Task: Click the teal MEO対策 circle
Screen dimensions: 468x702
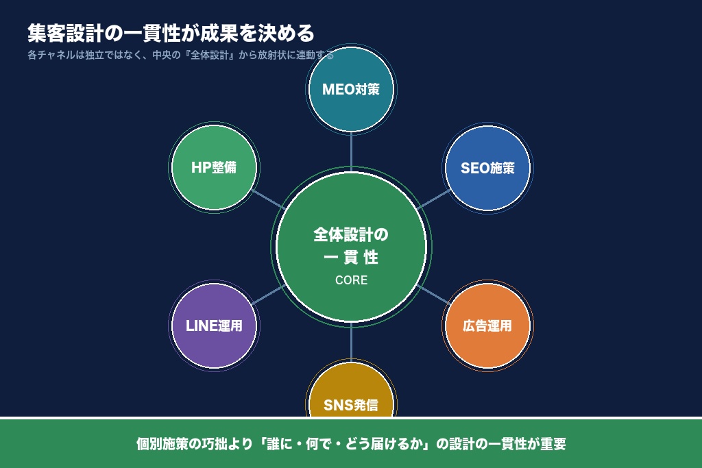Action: coord(351,89)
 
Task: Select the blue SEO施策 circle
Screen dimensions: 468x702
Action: coord(487,168)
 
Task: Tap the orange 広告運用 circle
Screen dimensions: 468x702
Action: coord(487,325)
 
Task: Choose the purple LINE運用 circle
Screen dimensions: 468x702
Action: coord(214,325)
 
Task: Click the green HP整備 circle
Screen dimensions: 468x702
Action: coord(214,168)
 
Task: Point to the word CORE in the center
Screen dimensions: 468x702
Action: coord(351,280)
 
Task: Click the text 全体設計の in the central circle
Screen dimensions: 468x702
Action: coord(351,235)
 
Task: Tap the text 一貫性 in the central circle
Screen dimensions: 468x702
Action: coord(351,258)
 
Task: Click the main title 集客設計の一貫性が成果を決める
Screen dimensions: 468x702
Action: coord(171,33)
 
